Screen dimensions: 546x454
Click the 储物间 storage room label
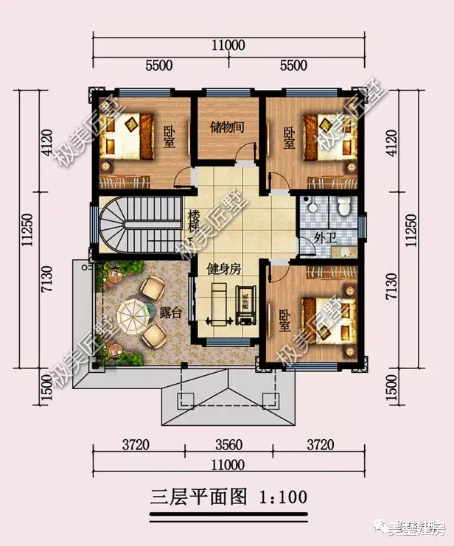click(x=228, y=127)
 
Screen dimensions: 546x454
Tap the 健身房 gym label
click(x=223, y=270)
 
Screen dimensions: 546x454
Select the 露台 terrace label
click(x=170, y=312)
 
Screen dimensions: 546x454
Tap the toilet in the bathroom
click(x=342, y=209)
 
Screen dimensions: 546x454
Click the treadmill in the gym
click(x=218, y=304)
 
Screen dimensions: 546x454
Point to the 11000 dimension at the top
click(x=227, y=45)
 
